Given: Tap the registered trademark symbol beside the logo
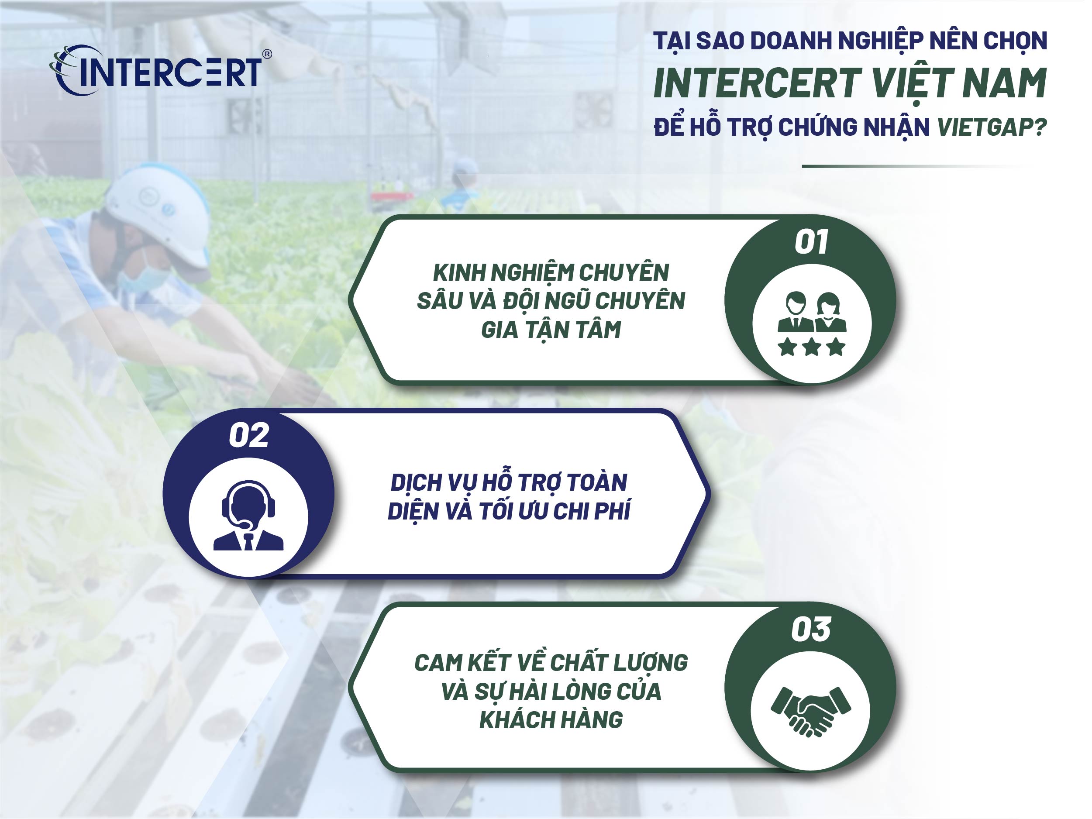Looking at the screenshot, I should [267, 54].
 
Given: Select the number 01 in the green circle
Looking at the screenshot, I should [811, 242].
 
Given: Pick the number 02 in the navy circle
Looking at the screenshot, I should [249, 435].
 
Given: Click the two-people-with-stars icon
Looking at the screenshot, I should [812, 323].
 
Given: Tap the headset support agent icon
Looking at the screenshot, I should [248, 516].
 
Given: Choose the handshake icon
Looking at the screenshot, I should [811, 711].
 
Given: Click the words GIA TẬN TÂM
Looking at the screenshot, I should [551, 330].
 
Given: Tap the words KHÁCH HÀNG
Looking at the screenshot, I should [551, 720].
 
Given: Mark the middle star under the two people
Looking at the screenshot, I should [812, 347].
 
